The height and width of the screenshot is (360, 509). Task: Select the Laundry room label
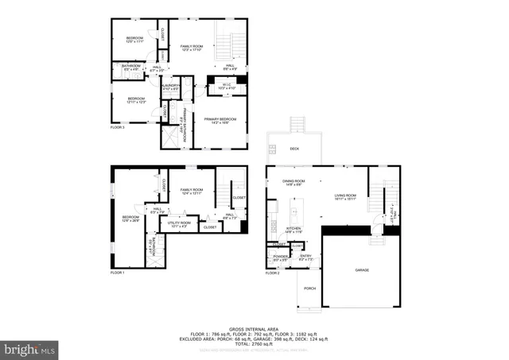171,86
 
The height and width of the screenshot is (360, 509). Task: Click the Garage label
361,270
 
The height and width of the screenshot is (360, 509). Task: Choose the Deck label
293,148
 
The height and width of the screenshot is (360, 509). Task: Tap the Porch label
310,288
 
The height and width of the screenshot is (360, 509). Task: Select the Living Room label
344,196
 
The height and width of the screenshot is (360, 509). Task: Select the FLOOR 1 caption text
118,273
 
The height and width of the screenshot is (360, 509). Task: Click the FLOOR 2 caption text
273,273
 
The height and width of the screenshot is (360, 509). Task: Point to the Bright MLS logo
30,349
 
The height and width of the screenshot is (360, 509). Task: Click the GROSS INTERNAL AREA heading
254,327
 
